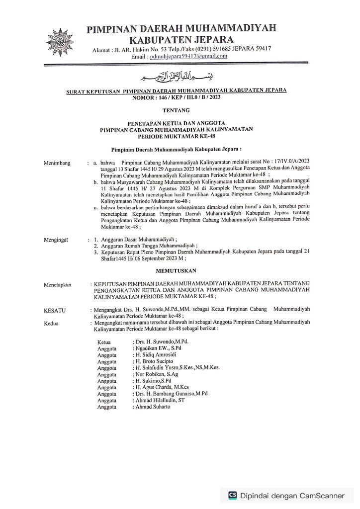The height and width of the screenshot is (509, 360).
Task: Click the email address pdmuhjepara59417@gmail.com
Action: coord(185,57)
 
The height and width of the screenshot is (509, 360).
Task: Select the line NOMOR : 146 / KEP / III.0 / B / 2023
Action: coord(177,97)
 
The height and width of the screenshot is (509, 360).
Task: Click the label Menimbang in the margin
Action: coord(57,163)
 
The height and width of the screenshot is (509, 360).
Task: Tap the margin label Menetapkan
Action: coord(58,285)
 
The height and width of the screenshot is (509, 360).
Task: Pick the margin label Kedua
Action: coord(52,323)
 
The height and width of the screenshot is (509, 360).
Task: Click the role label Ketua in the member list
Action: coord(104,342)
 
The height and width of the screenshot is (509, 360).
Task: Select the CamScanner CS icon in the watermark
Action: coord(232,495)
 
